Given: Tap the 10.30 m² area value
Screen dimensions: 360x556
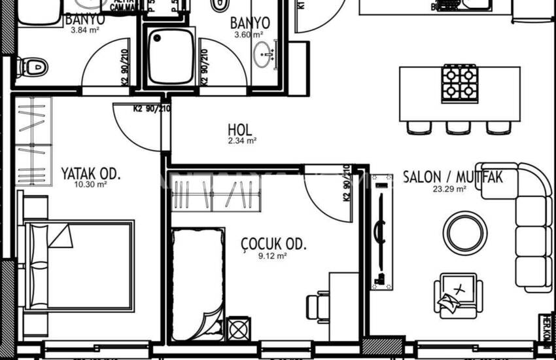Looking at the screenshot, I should [x=92, y=185].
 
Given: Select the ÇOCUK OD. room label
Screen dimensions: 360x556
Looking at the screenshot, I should [x=274, y=245].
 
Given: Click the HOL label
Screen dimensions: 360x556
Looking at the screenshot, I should [x=240, y=130].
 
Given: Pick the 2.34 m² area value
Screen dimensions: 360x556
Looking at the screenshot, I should [x=241, y=140].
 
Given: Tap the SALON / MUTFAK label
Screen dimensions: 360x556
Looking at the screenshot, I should [x=453, y=177].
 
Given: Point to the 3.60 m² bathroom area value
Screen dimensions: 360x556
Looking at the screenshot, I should [x=250, y=35].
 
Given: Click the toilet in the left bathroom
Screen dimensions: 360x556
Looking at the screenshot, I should [x=31, y=65].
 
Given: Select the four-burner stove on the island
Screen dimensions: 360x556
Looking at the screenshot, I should [x=459, y=83].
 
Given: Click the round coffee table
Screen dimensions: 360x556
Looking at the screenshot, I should [x=464, y=231].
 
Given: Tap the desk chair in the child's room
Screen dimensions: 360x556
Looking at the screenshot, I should [x=319, y=306].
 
